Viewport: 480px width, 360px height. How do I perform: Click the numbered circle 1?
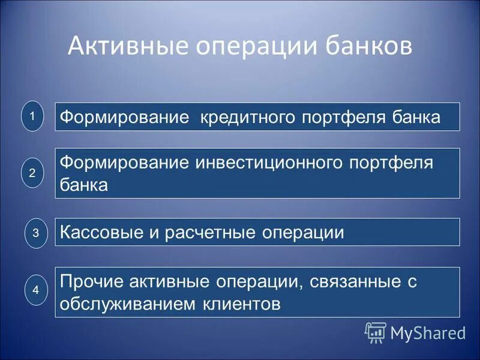pyautogui.click(x=33, y=116)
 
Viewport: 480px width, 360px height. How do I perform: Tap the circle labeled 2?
pyautogui.click(x=33, y=173)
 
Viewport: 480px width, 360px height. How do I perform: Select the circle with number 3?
pyautogui.click(x=35, y=233)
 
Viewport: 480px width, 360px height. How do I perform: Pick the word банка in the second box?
pyautogui.click(x=85, y=185)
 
